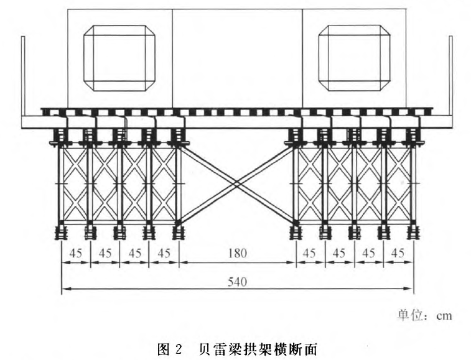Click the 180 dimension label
(237, 253)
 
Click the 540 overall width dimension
(237, 281)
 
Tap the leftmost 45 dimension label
(75, 253)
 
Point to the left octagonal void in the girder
(119, 58)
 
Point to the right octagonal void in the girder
(353, 58)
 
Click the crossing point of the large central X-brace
(237, 183)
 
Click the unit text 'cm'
(442, 315)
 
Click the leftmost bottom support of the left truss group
(61, 233)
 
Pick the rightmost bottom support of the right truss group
(413, 233)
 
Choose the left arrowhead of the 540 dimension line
(64, 289)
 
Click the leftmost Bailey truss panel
(75, 183)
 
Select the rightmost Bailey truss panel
(398, 183)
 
